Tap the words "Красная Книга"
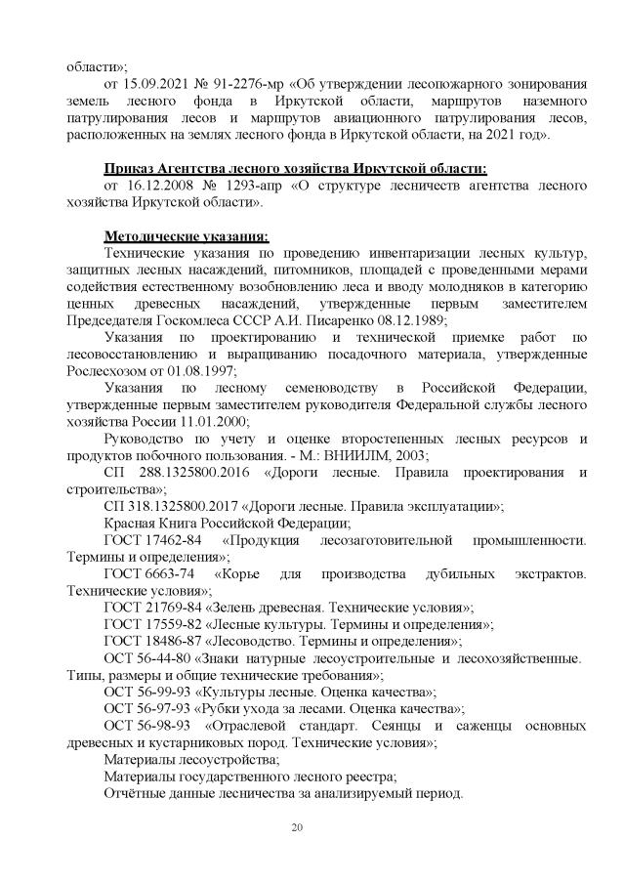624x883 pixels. [x=151, y=526]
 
